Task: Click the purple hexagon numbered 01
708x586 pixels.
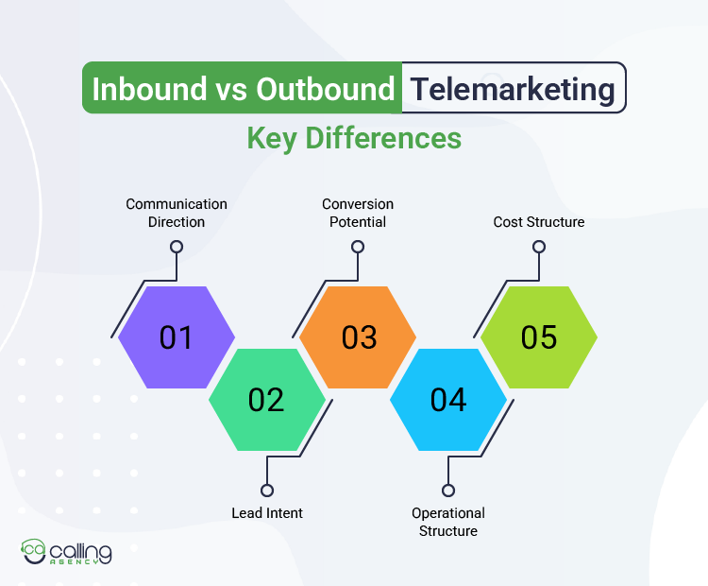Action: coord(177,337)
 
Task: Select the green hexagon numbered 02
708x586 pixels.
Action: coord(267,400)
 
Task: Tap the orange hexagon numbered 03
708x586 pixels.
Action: coord(358,337)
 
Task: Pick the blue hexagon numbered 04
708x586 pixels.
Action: coord(448,400)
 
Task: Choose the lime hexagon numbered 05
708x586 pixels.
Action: coord(539,337)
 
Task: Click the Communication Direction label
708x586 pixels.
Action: coord(177,213)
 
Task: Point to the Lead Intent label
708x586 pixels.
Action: coord(267,513)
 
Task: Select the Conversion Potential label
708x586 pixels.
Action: coord(358,213)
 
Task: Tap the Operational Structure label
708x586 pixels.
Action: coord(448,522)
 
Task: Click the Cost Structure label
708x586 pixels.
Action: coord(539,222)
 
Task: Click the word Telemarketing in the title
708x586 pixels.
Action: coord(513,89)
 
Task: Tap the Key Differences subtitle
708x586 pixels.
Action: coord(354,139)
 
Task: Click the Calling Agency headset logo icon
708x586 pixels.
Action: coord(35,552)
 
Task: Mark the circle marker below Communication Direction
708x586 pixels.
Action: coord(177,247)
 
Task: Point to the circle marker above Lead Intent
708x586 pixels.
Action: coord(267,490)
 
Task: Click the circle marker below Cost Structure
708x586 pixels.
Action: coord(539,247)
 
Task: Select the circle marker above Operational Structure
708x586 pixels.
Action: coord(448,490)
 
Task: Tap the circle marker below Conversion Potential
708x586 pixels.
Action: coord(358,247)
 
